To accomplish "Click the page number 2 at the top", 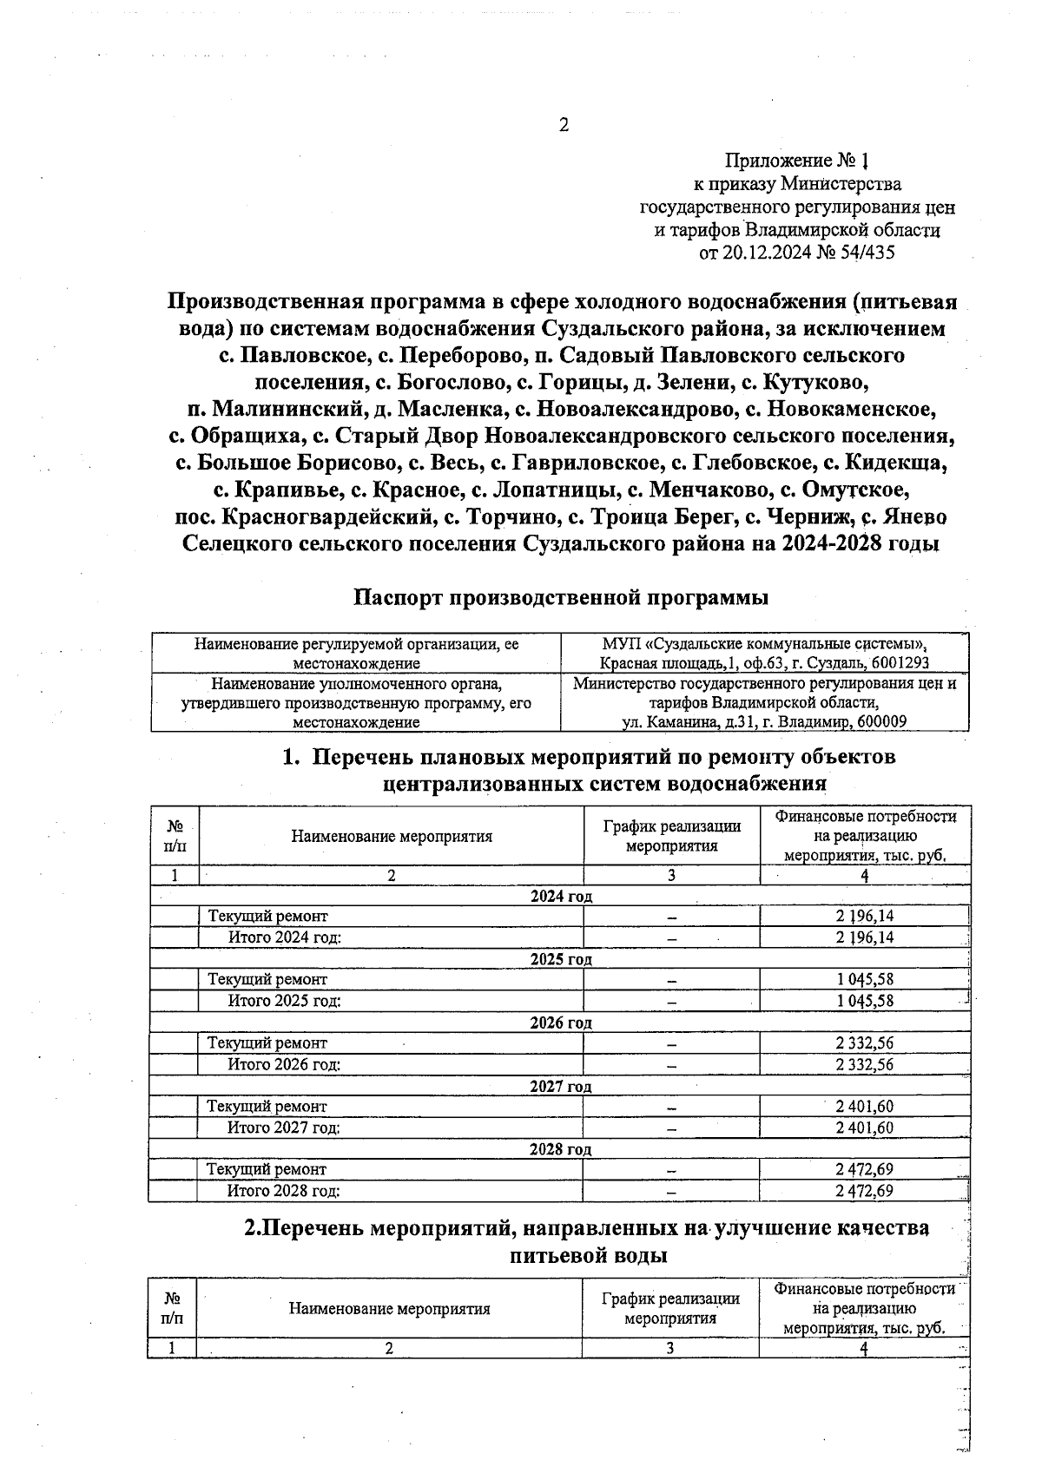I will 563,125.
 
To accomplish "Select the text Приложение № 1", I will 796,161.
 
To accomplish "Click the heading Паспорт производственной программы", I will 562,598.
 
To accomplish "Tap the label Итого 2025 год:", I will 284,1001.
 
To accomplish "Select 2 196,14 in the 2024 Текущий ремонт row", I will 864,916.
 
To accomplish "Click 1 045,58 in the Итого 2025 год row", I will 864,1001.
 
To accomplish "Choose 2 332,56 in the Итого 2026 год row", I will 864,1064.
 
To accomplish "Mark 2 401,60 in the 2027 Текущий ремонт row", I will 864,1106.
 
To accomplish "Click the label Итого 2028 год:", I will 283,1191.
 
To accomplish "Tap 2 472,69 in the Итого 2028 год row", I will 864,1191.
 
